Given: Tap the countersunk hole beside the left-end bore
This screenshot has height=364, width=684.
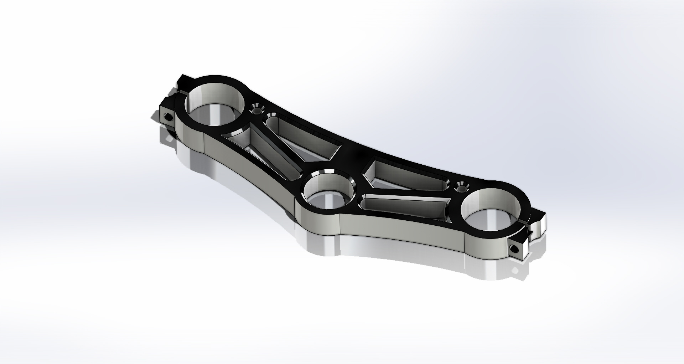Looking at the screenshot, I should tap(256, 109).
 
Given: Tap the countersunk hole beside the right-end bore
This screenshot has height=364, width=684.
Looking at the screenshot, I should tap(462, 186).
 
